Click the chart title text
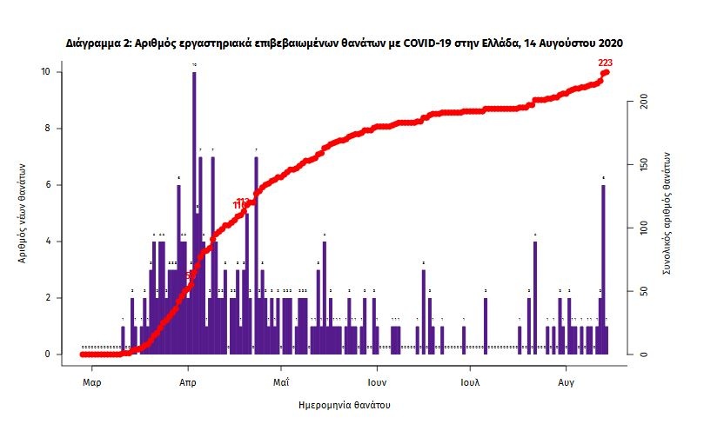(345, 43)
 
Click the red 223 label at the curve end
(606, 63)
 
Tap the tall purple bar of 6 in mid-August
(602, 269)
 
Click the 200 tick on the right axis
(644, 103)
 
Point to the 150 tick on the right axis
(644, 165)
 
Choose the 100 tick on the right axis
(644, 229)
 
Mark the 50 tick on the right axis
(642, 291)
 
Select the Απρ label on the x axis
(186, 381)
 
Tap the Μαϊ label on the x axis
(280, 381)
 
